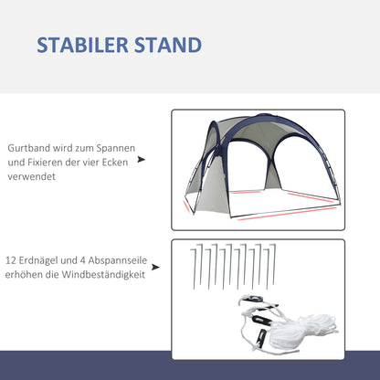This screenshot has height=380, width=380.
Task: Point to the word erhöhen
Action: click(x=27, y=275)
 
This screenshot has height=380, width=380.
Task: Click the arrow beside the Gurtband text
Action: click(x=141, y=158)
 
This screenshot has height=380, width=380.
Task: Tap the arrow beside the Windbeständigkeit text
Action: click(x=156, y=268)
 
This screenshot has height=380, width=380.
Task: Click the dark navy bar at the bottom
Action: click(x=190, y=364)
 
